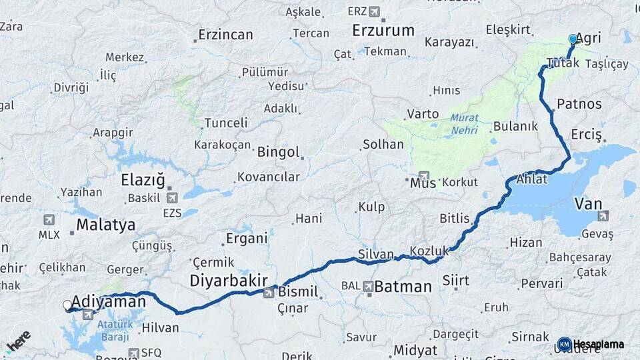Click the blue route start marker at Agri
point(573,39)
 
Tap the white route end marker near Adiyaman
point(67,305)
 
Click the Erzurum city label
point(383,31)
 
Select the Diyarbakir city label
point(229,281)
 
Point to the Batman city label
point(403,287)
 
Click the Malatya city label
point(105,225)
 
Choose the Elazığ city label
point(143,180)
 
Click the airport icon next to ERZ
point(373,11)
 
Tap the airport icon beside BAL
point(369,286)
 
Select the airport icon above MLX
point(49,220)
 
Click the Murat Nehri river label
point(464,123)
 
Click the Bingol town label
point(278,152)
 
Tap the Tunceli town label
point(225,123)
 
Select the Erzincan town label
point(226,35)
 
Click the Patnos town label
point(579,104)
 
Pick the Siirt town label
point(455,280)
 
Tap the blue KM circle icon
point(564,344)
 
